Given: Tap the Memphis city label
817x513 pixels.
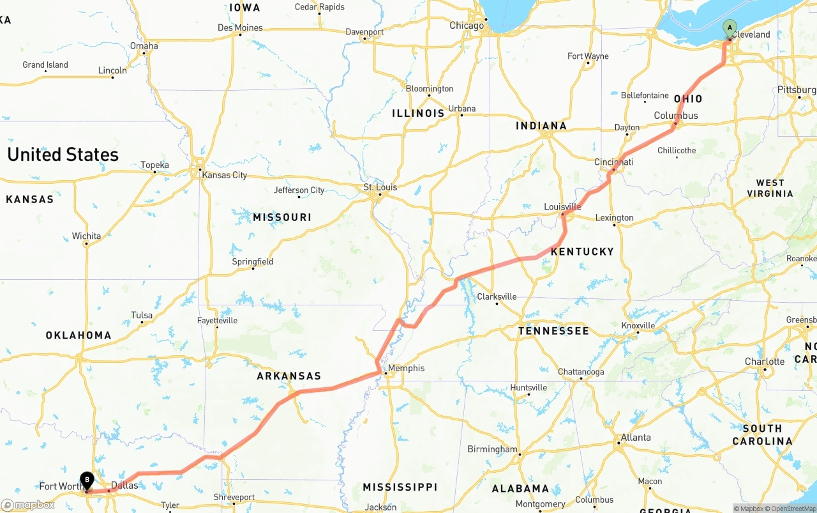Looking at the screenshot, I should [x=406, y=368].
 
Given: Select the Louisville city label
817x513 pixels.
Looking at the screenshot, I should [x=562, y=206].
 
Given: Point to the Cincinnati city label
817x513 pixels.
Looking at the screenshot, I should [x=613, y=162].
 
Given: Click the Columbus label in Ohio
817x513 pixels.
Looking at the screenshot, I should [x=676, y=116].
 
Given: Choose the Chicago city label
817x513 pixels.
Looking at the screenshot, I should [x=467, y=26].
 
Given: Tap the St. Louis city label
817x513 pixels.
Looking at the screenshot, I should [x=380, y=187].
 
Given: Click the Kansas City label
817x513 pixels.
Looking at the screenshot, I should [x=224, y=175].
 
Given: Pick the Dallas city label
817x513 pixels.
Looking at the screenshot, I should [x=124, y=486].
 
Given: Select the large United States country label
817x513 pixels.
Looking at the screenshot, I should [x=63, y=155].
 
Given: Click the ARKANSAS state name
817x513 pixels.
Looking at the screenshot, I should [x=289, y=376].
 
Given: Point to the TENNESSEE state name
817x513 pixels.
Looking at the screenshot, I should [x=553, y=331].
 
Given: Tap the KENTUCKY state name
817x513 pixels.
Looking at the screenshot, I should [x=582, y=252].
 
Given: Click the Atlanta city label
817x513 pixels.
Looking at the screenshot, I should [x=636, y=438].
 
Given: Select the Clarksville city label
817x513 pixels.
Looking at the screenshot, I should [x=497, y=297].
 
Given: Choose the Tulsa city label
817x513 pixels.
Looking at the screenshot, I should [x=142, y=315].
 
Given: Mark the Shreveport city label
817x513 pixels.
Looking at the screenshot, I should [x=234, y=497].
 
